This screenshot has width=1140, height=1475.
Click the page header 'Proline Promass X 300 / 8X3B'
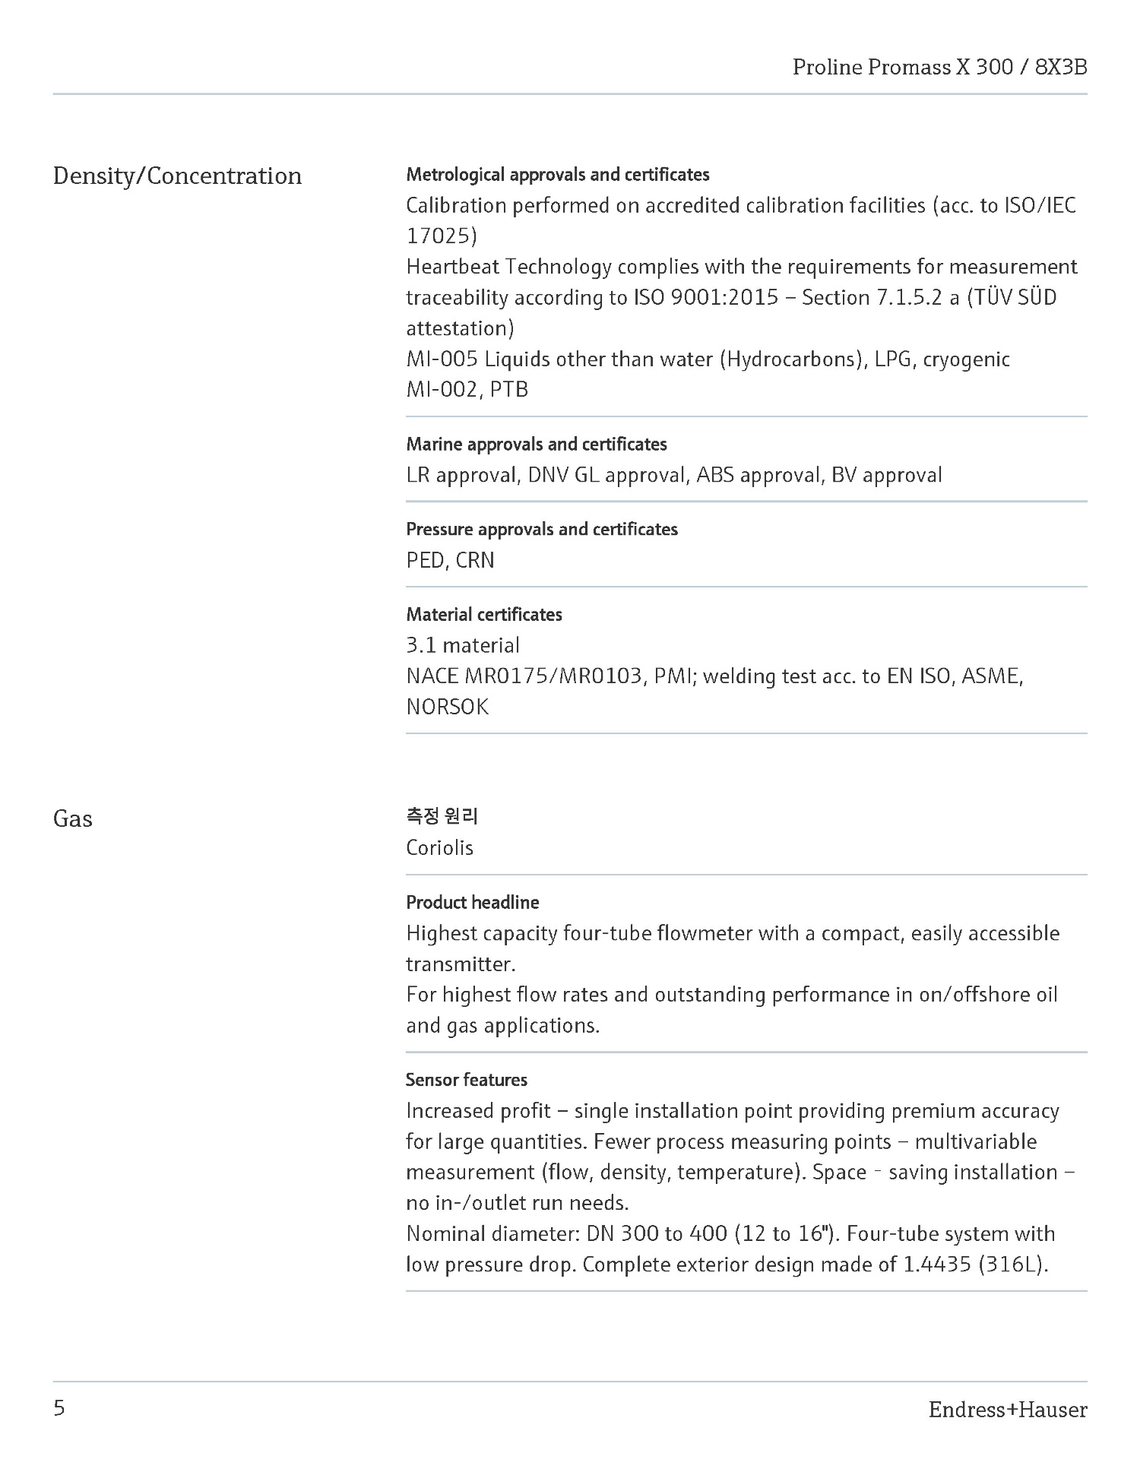pos(939,68)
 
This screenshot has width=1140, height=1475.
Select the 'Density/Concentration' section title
pos(177,176)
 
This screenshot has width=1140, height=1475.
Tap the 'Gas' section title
pos(73,819)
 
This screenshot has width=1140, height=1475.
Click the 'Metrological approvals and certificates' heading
pos(558,175)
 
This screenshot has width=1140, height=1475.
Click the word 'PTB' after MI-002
pos(509,390)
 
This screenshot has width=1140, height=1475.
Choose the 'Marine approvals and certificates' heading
pos(537,445)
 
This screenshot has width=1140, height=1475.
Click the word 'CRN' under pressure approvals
pos(475,561)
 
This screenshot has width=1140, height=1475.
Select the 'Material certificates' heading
pos(484,615)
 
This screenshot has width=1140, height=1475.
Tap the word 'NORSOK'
pos(448,707)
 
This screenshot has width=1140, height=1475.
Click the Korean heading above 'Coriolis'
pos(442,817)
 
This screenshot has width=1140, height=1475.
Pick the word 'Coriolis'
pos(439,848)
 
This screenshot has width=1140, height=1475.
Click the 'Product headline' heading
pos(473,903)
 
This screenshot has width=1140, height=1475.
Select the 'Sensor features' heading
pos(467,1080)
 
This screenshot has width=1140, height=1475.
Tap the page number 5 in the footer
pos(59,1409)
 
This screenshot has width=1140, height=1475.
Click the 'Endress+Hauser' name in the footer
pos(1008,1410)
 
